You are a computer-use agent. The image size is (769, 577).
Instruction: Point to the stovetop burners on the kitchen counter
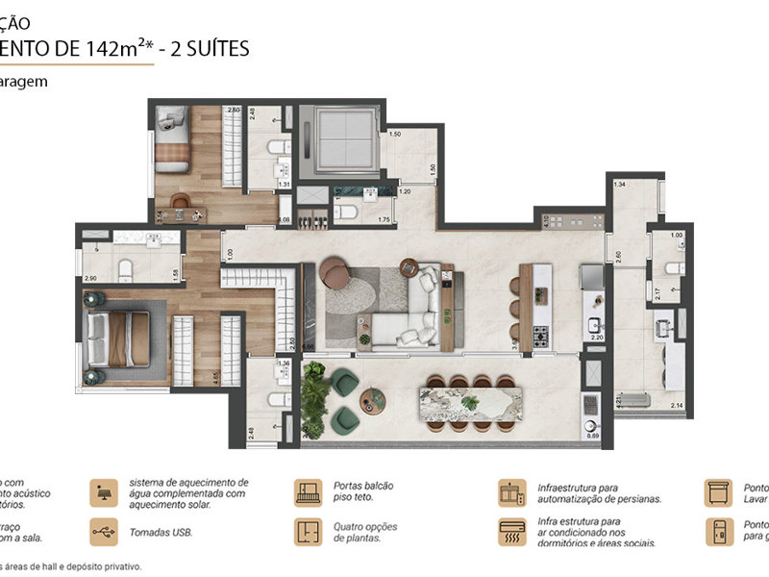[x=540, y=337]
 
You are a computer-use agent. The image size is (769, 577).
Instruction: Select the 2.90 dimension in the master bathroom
[x=89, y=278]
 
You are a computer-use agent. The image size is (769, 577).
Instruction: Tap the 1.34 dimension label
[x=620, y=184]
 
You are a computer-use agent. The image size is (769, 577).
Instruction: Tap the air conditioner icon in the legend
[x=512, y=531]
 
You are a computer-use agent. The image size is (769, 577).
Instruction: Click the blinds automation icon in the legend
[x=512, y=492]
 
